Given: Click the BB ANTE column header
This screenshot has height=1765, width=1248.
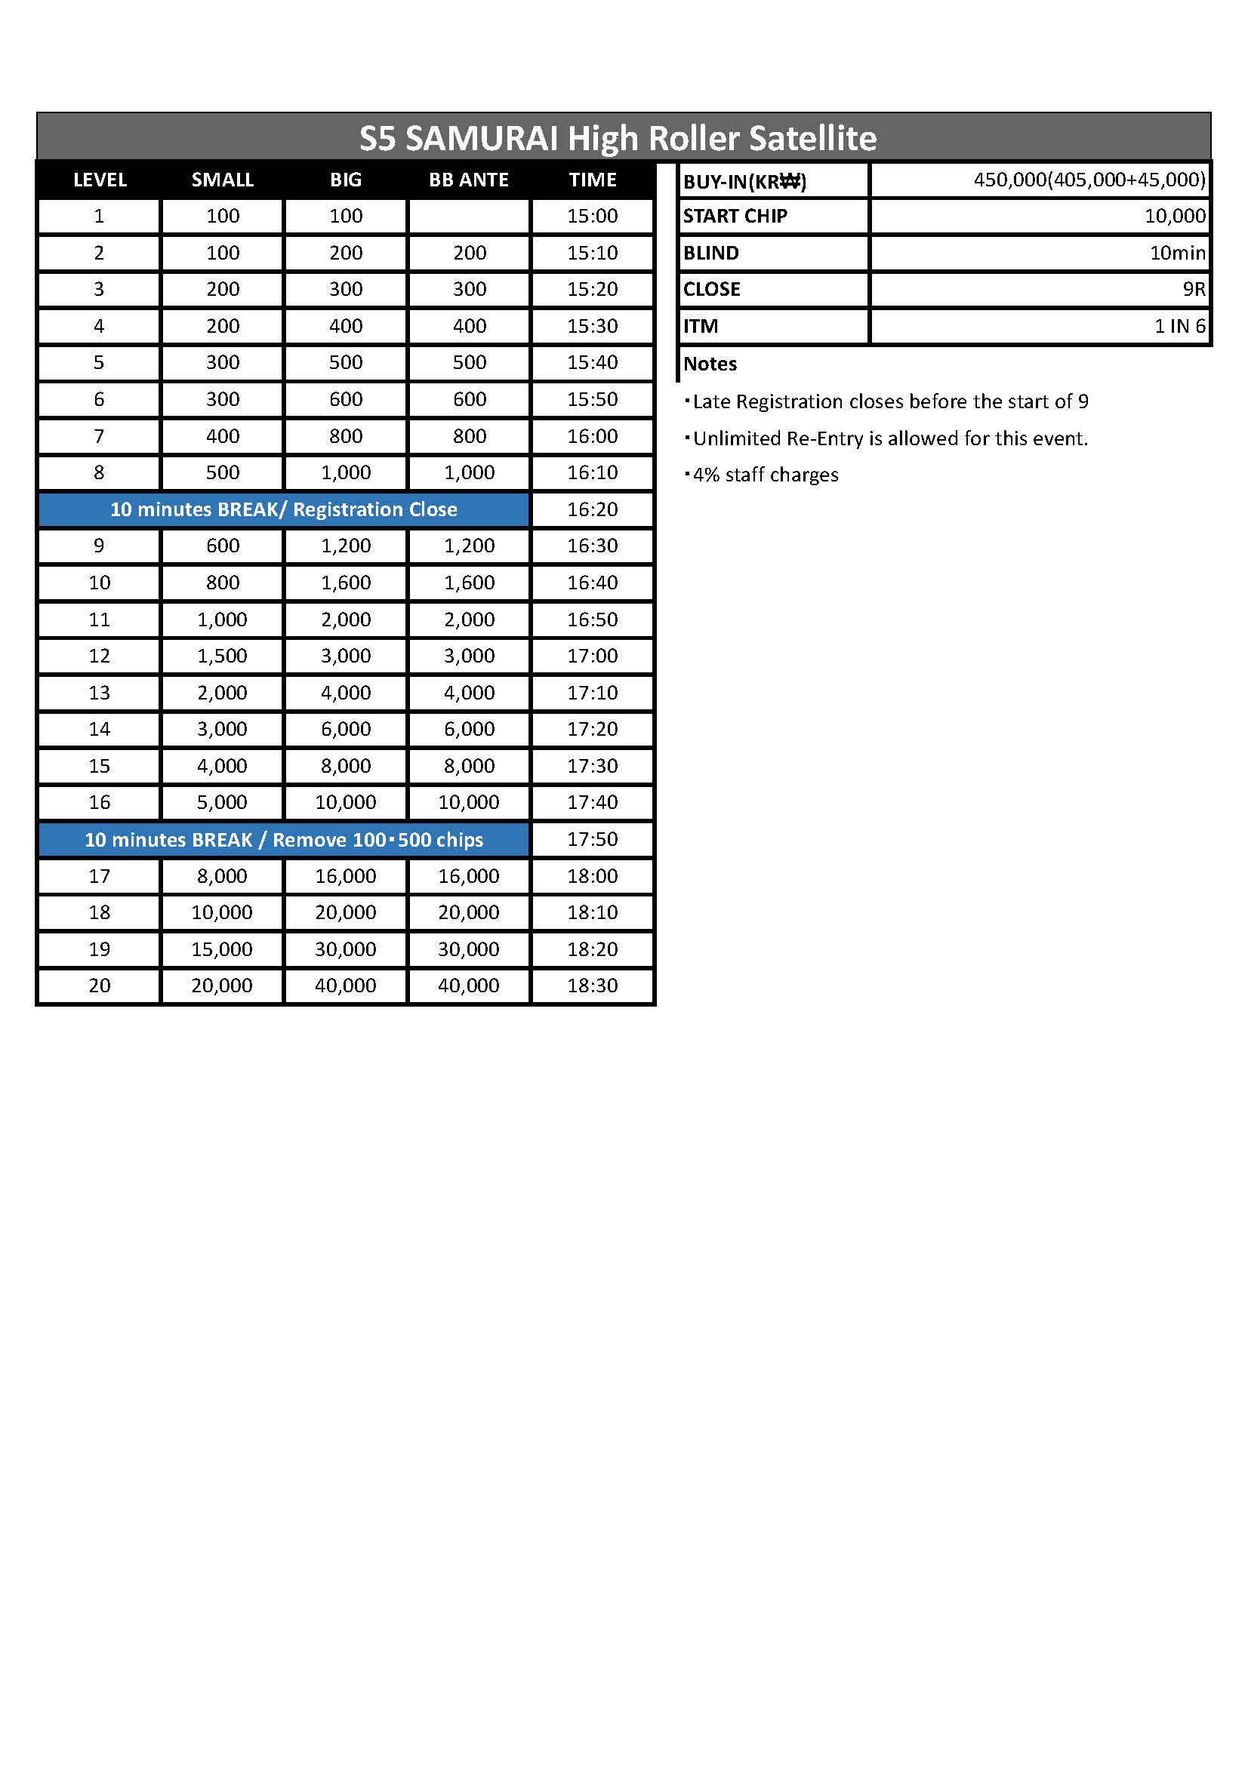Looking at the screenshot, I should pyautogui.click(x=468, y=180).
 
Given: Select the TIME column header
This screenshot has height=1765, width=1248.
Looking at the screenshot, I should pyautogui.click(x=592, y=180).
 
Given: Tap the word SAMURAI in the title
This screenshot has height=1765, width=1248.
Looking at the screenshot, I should pyautogui.click(x=482, y=138).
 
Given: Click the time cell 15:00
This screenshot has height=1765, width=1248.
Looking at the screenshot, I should pyautogui.click(x=592, y=216).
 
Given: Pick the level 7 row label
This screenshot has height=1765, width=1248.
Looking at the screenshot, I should pyautogui.click(x=99, y=436).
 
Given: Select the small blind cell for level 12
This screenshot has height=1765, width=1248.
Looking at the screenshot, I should pyautogui.click(x=222, y=656).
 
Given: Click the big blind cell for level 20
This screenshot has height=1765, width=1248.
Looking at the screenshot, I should pyautogui.click(x=345, y=986).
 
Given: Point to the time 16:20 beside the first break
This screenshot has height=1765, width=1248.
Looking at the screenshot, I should pyautogui.click(x=592, y=509).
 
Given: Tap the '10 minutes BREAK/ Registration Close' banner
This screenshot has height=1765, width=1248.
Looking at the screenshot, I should pyautogui.click(x=284, y=509).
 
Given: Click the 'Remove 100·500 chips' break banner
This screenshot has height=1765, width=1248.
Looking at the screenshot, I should pyautogui.click(x=284, y=839).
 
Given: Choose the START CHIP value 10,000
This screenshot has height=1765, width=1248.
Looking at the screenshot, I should pyautogui.click(x=1174, y=216).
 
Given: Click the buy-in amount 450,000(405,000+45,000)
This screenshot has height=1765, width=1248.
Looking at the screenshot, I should pyautogui.click(x=1089, y=180).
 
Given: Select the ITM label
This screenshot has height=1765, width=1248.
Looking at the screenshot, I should pyautogui.click(x=701, y=326).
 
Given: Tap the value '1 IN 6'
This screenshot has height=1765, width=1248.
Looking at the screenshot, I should pyautogui.click(x=1179, y=326).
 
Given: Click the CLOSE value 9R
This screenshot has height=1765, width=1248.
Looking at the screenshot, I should pyautogui.click(x=1194, y=289).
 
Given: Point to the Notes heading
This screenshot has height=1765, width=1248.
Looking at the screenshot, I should pyautogui.click(x=710, y=364).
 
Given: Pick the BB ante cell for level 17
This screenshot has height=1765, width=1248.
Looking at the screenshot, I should pyautogui.click(x=468, y=875).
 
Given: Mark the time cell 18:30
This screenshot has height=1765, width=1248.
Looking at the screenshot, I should pyautogui.click(x=592, y=986).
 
